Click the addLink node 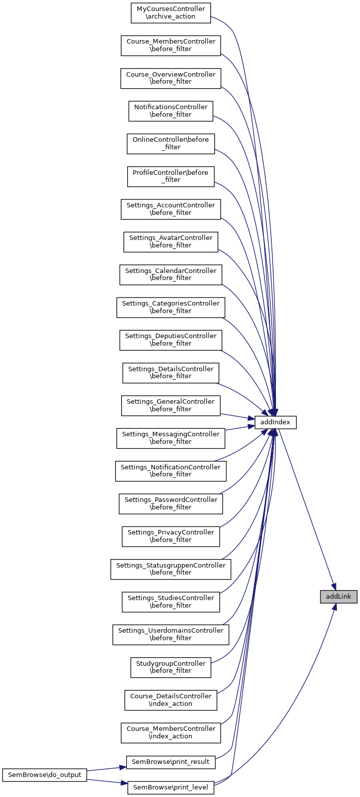coord(338,597)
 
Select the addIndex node coord(275,422)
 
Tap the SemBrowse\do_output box coord(45,774)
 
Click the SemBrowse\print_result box coord(170,762)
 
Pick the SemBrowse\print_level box coord(170,787)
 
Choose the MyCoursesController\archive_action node coord(170,13)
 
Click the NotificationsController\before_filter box coord(170,111)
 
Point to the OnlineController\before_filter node coord(170,144)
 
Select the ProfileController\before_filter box coord(170,176)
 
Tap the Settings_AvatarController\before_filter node coord(170,242)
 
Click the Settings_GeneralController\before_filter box coord(170,405)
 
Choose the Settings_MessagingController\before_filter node coord(170,438)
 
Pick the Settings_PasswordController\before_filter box coord(170,503)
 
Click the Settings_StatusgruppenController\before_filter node coord(170,569)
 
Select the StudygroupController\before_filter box coord(170,667)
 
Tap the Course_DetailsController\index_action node coord(170,700)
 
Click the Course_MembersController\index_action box coord(170,732)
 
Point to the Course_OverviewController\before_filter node coord(170,78)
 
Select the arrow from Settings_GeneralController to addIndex coord(238,416)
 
